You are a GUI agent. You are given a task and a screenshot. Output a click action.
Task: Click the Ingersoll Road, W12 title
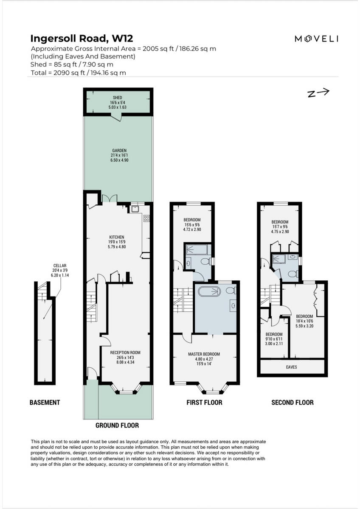tap(82, 39)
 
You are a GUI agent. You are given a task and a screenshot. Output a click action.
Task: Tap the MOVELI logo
tap(316, 39)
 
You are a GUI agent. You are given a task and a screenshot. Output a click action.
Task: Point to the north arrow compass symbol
tap(318, 93)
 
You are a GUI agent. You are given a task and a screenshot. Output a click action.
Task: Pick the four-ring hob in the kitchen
tap(147, 218)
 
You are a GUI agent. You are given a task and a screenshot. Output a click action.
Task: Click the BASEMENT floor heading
tap(45, 402)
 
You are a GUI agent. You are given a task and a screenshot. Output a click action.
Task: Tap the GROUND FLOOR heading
tap(117, 425)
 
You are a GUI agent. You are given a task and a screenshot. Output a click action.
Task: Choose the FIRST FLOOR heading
tap(204, 402)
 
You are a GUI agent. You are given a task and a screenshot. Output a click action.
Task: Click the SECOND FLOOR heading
tap(292, 402)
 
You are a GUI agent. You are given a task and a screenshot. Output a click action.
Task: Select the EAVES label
tap(292, 367)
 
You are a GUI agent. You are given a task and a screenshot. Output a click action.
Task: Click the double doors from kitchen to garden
tap(110, 199)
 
